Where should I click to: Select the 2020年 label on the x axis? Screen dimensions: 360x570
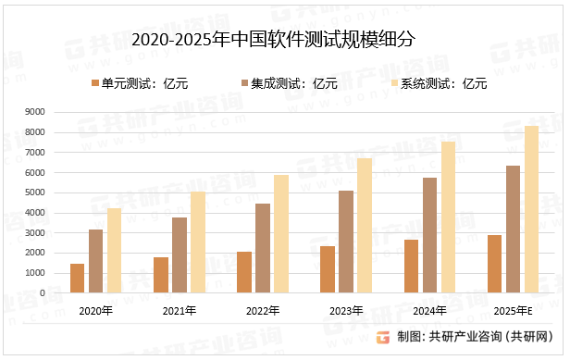(x=96, y=311)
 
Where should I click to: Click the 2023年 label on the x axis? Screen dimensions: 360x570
(x=346, y=311)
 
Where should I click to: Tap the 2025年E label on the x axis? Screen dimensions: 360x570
(x=513, y=311)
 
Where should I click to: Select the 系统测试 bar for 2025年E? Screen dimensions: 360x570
(x=531, y=209)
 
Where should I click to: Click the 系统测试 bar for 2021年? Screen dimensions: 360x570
(x=198, y=242)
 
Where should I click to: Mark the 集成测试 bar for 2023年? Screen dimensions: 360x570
(x=346, y=242)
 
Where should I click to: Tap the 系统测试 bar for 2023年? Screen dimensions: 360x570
(x=365, y=225)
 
